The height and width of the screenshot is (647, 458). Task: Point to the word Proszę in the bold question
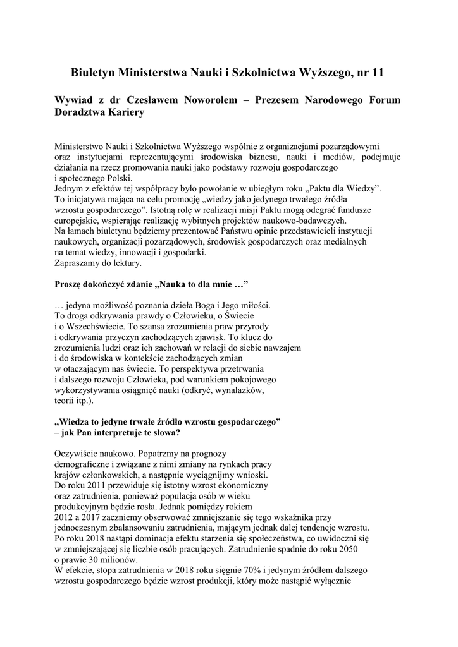[70, 284]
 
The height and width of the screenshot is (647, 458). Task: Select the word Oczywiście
[79, 454]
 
